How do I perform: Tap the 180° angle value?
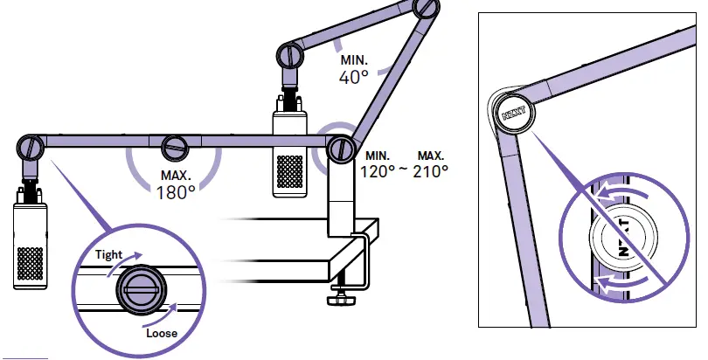pos(176,191)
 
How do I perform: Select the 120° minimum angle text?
pos(378,170)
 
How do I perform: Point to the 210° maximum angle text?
pos(430,170)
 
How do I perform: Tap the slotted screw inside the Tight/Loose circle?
pos(141,287)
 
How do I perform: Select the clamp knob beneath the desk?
pos(337,301)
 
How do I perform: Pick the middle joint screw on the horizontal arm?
pos(176,145)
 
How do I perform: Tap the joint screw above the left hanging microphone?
pos(31,145)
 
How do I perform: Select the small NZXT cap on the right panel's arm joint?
pos(513,114)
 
